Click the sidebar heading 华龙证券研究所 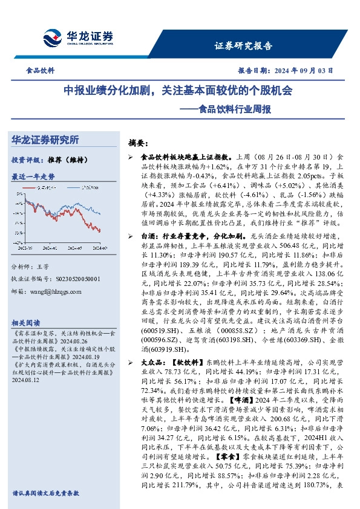click(x=45, y=140)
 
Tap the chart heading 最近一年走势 click(x=33, y=177)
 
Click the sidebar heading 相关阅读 click(x=25, y=323)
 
